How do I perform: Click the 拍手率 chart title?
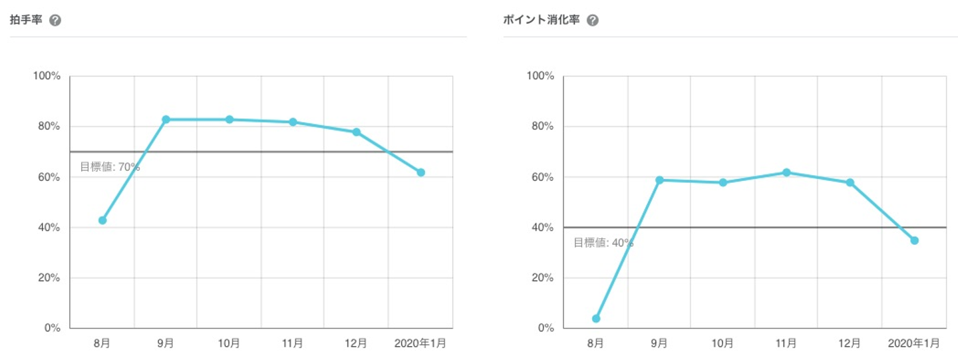pos(26,20)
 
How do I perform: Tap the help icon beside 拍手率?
pos(55,20)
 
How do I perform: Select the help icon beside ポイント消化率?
pos(592,20)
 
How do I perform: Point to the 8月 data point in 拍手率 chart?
pos(102,220)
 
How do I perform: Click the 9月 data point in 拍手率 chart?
pos(166,119)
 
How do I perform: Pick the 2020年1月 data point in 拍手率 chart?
pos(420,172)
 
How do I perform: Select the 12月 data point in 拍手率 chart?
pos(357,132)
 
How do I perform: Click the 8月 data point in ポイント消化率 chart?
pos(596,319)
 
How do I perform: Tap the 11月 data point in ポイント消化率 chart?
pos(786,172)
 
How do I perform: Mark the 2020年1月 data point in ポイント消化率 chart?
pos(914,240)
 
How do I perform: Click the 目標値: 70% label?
pos(110,167)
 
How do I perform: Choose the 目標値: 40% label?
pos(603,243)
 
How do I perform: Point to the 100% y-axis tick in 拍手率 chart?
pos(47,76)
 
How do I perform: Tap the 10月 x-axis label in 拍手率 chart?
pos(229,343)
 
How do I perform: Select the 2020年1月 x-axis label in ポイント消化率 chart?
pos(914,343)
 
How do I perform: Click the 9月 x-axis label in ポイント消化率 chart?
pos(659,343)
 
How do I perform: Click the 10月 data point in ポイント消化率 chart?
pos(723,182)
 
